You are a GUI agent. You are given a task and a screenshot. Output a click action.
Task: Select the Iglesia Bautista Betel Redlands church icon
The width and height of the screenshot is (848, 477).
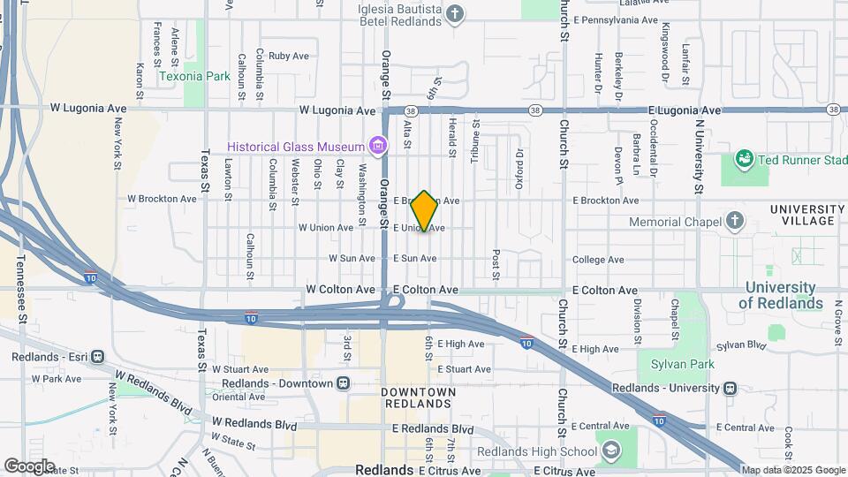(454, 13)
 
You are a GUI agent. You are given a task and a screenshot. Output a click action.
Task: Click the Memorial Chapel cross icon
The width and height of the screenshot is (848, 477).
(735, 220)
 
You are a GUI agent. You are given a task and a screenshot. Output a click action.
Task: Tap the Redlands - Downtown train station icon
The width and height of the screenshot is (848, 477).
(344, 383)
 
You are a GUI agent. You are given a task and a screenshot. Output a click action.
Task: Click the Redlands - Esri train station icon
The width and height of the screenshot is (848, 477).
(96, 357)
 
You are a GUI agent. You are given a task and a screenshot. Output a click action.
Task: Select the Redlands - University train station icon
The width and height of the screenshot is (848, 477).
(730, 388)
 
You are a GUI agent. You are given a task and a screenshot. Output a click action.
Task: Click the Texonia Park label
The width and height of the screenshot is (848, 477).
(194, 77)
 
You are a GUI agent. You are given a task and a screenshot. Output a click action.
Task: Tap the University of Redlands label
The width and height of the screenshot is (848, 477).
(780, 296)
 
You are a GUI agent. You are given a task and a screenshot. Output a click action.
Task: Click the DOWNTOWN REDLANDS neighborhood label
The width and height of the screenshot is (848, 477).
(419, 397)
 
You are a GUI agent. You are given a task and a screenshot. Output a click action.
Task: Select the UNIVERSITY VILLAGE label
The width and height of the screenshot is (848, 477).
(801, 215)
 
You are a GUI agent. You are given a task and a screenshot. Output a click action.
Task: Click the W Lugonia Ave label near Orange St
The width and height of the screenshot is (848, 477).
(337, 111)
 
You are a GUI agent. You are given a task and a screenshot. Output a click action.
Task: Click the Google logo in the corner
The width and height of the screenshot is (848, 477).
(29, 466)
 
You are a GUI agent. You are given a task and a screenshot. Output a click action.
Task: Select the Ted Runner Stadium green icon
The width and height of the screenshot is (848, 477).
(743, 160)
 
